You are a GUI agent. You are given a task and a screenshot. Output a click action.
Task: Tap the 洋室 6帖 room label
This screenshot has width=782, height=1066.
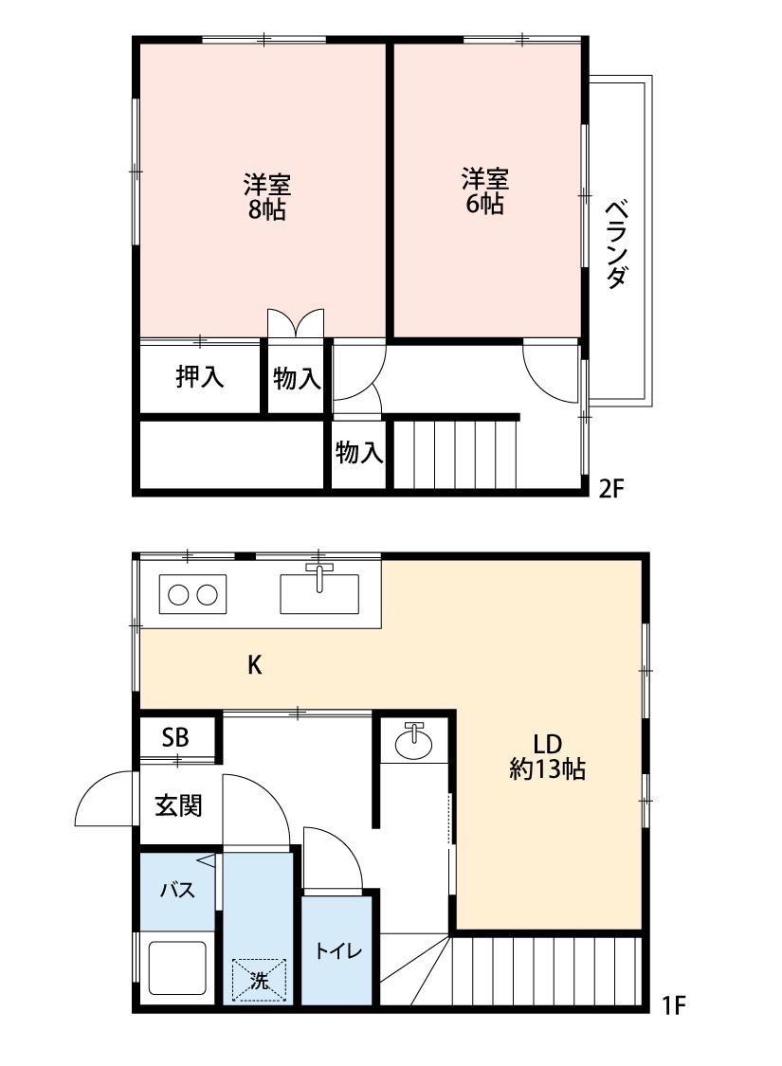point(484,190)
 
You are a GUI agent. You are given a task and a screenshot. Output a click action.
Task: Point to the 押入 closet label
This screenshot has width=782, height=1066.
point(200,377)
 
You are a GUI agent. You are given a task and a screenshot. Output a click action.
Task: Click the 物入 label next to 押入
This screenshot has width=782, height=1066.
point(297,379)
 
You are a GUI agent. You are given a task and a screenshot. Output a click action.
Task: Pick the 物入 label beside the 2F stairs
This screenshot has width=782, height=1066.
point(359,453)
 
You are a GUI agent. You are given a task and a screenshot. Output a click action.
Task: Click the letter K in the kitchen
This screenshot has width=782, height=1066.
point(254,665)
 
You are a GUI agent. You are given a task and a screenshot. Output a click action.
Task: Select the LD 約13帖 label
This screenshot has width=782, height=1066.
point(547,756)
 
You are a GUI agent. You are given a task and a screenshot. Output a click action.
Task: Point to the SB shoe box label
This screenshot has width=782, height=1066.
point(174,738)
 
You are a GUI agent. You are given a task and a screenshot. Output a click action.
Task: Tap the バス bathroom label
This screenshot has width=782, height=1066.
point(177,891)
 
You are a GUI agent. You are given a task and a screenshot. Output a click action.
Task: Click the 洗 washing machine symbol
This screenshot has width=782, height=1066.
point(259,979)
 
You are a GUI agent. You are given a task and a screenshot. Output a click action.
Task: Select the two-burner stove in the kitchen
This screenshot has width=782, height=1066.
point(193,594)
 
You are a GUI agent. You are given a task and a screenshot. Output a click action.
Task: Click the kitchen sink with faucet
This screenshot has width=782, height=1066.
point(320,591)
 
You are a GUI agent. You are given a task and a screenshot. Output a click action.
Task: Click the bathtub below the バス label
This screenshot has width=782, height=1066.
point(177,968)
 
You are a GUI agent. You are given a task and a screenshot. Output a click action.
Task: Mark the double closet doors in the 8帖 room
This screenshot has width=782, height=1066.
point(296,324)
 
